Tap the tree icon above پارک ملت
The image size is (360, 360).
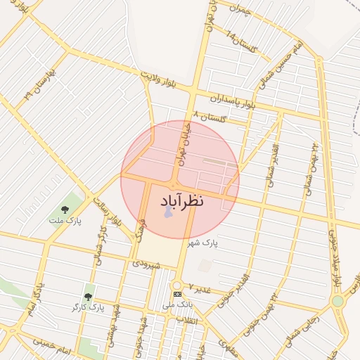pyautogui.click(x=65, y=209)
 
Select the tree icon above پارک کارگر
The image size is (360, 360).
pyautogui.click(x=88, y=297)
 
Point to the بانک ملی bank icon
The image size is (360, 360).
pyautogui.click(x=176, y=293)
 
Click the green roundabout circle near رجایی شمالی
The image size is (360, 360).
pyautogui.click(x=337, y=301)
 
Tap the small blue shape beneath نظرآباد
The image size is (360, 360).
pyautogui.click(x=168, y=212)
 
